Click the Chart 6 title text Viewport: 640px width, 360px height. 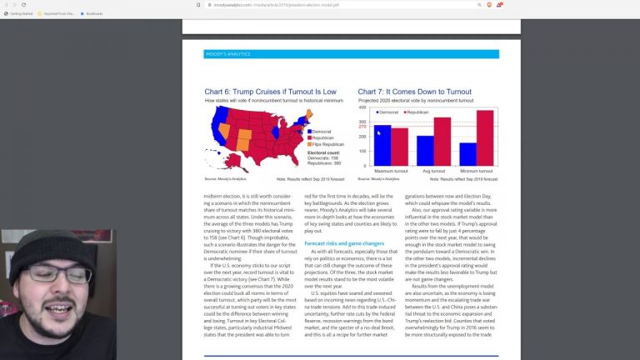click(x=270, y=92)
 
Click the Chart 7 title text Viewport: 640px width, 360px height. click(x=414, y=92)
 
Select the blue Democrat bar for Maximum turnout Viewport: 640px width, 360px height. click(x=382, y=145)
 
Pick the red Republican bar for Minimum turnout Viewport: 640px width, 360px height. click(x=485, y=137)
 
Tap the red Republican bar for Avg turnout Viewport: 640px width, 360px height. click(x=442, y=142)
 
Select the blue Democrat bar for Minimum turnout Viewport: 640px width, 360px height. click(x=467, y=154)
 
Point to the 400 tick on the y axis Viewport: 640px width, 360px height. click(x=363, y=107)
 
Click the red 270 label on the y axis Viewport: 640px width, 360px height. click(x=362, y=127)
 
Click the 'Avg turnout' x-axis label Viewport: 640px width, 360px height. click(x=433, y=172)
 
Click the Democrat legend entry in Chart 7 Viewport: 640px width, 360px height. click(x=387, y=112)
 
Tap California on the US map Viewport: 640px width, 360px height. click(x=217, y=132)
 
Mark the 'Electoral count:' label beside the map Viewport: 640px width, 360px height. click(x=323, y=153)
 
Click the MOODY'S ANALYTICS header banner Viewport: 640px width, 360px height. click(x=351, y=54)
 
